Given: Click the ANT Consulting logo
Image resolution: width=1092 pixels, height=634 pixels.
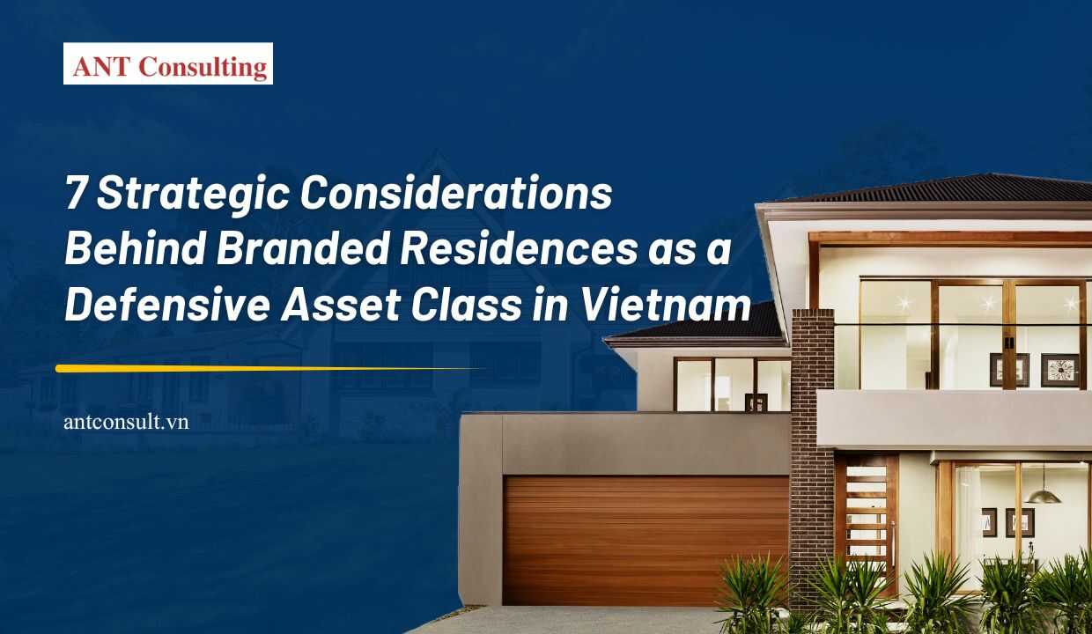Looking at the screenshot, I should tap(167, 63).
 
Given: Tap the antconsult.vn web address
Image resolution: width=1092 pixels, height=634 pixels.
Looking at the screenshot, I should tap(126, 423).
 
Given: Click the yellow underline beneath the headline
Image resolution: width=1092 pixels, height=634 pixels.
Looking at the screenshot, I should tap(264, 368).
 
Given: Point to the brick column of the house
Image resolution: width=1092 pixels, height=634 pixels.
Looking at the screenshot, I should tap(811, 440).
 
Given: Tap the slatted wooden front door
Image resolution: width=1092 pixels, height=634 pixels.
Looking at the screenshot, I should tap(867, 520).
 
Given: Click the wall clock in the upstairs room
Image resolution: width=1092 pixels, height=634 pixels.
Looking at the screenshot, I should tap(1059, 370).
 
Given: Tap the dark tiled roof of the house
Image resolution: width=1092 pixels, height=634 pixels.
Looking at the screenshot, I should tap(951, 188).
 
